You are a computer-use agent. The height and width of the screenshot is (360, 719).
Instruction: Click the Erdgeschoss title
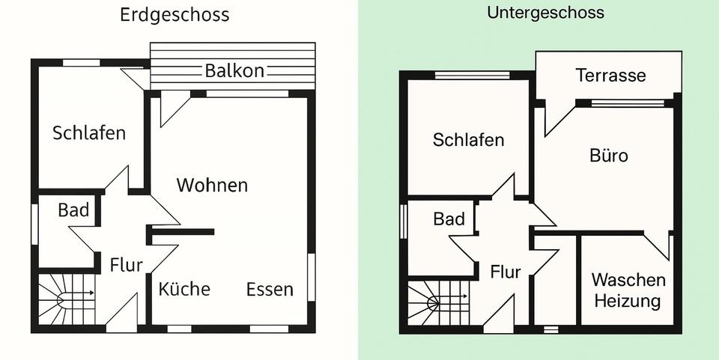coord(175,15)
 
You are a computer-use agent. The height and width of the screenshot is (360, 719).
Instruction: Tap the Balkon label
coord(234,71)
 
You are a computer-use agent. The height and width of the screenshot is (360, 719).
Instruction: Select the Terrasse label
coord(610,76)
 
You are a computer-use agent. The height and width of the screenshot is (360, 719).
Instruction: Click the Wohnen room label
coord(212,185)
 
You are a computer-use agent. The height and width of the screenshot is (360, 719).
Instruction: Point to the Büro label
coord(609,156)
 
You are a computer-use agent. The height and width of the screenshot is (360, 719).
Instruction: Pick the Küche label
coord(184,289)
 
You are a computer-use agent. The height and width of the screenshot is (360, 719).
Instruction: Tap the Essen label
coord(270,289)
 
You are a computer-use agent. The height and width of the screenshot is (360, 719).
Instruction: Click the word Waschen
coord(628,280)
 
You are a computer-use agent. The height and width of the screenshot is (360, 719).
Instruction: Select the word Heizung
coord(628,301)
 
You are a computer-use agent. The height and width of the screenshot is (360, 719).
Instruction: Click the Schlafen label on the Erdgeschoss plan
coord(89,133)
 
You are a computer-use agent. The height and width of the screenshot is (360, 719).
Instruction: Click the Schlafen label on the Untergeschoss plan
coord(468,140)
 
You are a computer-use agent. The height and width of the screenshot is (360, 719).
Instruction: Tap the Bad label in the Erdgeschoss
coord(73,210)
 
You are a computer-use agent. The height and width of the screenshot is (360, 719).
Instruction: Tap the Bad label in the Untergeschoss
coord(449,219)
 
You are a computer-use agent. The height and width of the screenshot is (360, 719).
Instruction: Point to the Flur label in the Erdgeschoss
coord(126,264)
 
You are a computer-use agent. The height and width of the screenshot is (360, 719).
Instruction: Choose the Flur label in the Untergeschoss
coord(506,272)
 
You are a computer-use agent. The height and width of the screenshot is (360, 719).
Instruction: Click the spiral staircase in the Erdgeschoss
coord(67,300)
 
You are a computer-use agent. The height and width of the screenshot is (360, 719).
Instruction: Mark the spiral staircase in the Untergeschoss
coord(438,305)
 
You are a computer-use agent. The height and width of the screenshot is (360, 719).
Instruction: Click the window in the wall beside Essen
coord(311,277)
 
